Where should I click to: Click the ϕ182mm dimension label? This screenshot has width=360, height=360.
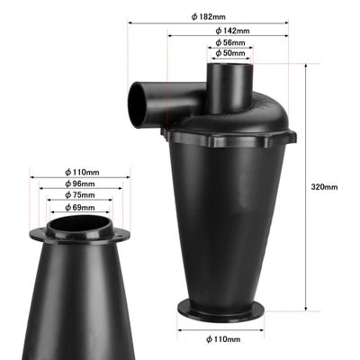point(208,17)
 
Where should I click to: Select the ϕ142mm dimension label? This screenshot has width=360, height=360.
point(232,31)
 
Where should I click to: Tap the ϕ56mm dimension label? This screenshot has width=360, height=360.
point(230,42)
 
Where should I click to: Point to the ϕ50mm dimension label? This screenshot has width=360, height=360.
point(230,53)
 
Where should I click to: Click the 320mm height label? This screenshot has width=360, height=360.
point(324,187)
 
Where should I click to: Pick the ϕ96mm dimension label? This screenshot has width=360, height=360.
point(80,184)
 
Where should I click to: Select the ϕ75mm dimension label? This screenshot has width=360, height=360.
point(80,195)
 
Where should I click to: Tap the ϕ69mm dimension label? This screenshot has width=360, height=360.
point(80,207)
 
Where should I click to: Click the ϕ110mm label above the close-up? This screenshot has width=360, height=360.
point(82,172)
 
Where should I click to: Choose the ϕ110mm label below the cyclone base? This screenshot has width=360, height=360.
point(223,339)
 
